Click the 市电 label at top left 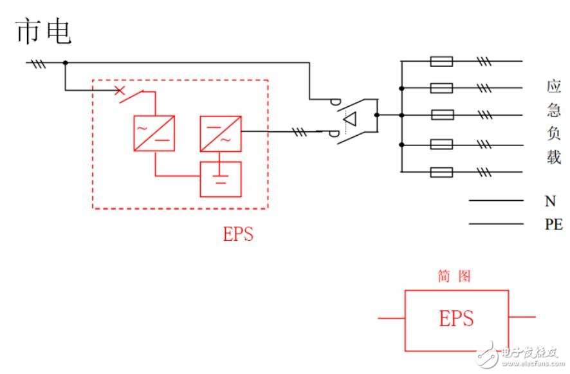[x=43, y=32]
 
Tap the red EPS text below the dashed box [x=238, y=234]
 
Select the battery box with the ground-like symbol [x=221, y=179]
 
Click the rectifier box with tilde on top [x=154, y=133]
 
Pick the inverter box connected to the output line [x=221, y=133]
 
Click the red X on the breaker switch [x=119, y=90]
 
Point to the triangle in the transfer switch [x=350, y=119]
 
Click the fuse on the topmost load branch [x=441, y=61]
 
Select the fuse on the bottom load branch [x=441, y=172]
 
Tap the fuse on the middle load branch [x=443, y=115]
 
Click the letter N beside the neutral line [x=550, y=201]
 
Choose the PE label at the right [x=554, y=224]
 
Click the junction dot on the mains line [x=66, y=62]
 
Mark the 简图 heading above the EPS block [x=454, y=276]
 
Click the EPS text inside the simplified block [x=456, y=319]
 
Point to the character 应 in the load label [x=554, y=87]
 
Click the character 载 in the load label [x=554, y=157]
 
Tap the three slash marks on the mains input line [x=39, y=64]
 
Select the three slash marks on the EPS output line [x=300, y=132]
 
